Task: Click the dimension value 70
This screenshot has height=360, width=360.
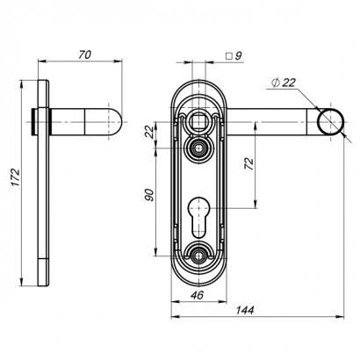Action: (x=84, y=54)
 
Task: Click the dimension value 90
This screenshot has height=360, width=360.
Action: (x=149, y=195)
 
